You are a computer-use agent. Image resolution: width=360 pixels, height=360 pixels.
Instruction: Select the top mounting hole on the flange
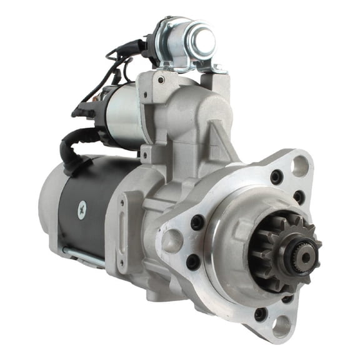click(300, 166)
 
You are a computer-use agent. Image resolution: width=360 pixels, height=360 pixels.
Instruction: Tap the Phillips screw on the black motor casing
click(81, 211)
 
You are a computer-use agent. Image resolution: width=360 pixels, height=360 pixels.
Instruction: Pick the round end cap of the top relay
click(201, 41)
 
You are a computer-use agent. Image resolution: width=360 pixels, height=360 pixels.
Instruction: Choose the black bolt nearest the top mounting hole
click(276, 177)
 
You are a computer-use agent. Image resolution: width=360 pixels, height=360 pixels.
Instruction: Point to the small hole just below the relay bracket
click(161, 79)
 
